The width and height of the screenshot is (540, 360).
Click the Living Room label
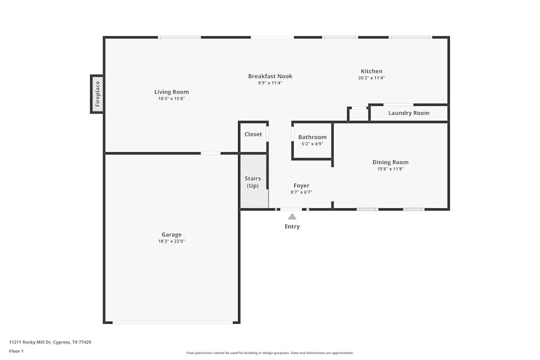171,92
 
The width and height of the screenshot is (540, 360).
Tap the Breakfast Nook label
270,76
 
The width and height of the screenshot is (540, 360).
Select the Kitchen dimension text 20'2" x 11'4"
372,78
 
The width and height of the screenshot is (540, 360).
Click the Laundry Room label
409,113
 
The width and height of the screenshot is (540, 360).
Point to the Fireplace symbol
97,94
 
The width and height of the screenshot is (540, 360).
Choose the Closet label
253,134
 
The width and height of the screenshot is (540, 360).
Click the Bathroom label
312,137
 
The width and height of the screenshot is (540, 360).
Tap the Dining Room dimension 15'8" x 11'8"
390,169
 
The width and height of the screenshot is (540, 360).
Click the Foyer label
301,186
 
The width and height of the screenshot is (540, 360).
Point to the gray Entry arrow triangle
292,216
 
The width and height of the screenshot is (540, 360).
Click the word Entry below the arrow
292,227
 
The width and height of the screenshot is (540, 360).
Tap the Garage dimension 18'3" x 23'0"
171,241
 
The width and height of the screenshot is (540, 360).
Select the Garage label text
171,235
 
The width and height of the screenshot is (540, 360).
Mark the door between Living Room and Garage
211,153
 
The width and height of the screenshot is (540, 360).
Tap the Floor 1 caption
16,351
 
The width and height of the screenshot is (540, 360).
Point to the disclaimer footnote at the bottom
270,353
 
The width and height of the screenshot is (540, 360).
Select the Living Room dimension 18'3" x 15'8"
171,99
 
